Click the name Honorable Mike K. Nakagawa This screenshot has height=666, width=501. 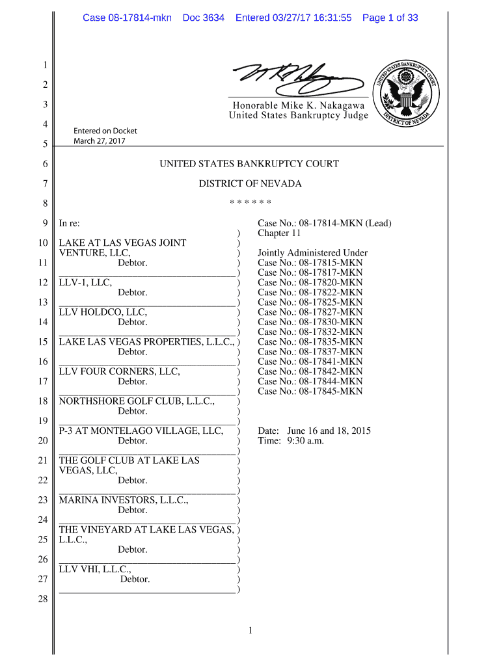click(x=299, y=105)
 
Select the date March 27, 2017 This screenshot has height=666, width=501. click(x=99, y=141)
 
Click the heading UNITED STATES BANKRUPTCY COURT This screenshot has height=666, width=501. click(x=249, y=164)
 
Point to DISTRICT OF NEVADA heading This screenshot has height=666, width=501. click(x=250, y=183)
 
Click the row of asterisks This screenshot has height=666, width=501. click(x=250, y=203)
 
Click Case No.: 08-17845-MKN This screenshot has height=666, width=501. click(x=310, y=391)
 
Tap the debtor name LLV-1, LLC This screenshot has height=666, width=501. click(x=85, y=282)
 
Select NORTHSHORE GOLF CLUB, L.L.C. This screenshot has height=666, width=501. click(x=137, y=401)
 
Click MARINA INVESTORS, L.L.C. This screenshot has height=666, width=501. click(x=124, y=500)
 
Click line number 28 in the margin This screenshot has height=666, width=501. click(x=43, y=599)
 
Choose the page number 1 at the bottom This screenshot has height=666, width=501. click(x=250, y=630)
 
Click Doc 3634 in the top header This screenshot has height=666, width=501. click(x=204, y=18)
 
